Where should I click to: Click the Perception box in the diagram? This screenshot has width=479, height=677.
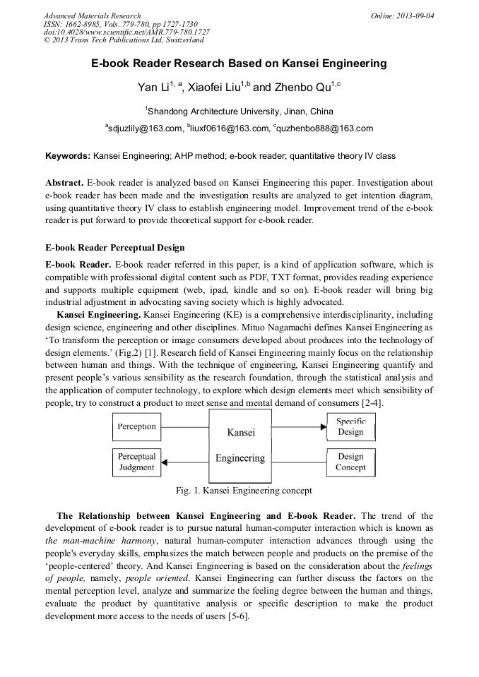(137, 427)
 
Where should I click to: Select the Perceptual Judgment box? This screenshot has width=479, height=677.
(137, 462)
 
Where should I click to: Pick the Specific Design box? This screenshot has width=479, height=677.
(350, 427)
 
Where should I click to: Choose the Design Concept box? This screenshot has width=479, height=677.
(350, 462)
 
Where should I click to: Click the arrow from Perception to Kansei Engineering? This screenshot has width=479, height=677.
(185, 427)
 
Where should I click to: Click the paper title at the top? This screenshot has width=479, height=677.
(239, 64)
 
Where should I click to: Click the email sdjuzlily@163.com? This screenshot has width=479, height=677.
(145, 128)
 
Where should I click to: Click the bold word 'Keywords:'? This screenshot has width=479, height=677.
(68, 155)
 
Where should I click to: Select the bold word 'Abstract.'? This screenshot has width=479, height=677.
(64, 182)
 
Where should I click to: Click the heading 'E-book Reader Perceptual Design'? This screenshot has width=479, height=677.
(114, 248)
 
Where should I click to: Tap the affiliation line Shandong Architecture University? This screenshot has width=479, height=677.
(239, 112)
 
